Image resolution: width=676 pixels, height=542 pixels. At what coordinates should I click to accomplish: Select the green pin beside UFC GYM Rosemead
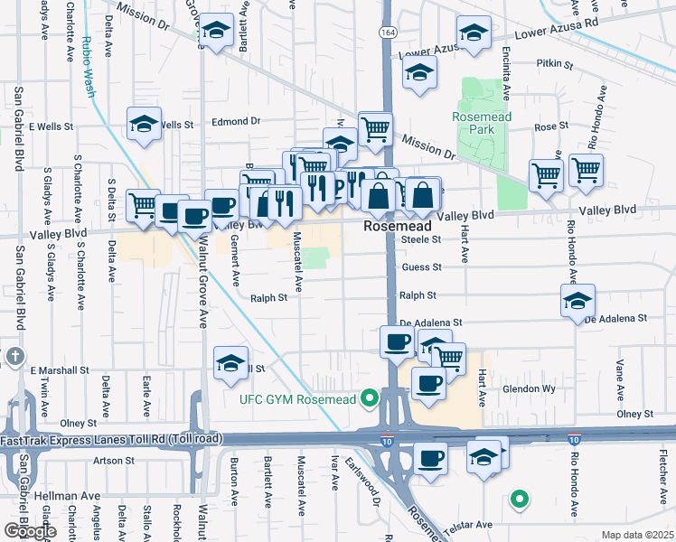click(x=369, y=397)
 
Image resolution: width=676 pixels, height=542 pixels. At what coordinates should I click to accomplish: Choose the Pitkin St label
click(x=556, y=65)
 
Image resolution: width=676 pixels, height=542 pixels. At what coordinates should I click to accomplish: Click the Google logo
click(x=30, y=531)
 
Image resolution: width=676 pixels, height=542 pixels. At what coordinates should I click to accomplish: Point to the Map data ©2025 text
click(x=637, y=535)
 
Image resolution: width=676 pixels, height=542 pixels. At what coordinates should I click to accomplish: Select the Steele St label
click(x=420, y=239)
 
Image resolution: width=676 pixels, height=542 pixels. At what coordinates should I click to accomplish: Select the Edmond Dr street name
click(x=235, y=120)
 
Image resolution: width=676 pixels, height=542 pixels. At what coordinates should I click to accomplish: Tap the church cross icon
click(x=14, y=357)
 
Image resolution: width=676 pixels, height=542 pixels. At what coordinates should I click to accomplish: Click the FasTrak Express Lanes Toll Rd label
click(x=108, y=440)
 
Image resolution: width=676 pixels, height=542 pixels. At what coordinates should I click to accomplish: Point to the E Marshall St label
click(x=60, y=369)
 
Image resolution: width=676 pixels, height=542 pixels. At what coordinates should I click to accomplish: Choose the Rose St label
click(x=550, y=126)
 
